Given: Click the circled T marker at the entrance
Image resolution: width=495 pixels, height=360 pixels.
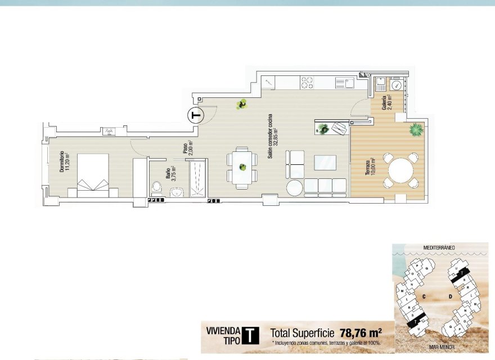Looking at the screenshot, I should coord(195,115).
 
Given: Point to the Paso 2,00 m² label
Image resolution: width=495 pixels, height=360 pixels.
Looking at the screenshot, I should coord(187,148).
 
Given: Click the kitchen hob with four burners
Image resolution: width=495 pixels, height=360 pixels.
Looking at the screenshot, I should coord(307,82).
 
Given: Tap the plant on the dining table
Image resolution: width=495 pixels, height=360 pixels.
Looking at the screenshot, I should coord(242,166).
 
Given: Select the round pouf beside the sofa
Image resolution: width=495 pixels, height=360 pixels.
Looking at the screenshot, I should coord(294,187).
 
